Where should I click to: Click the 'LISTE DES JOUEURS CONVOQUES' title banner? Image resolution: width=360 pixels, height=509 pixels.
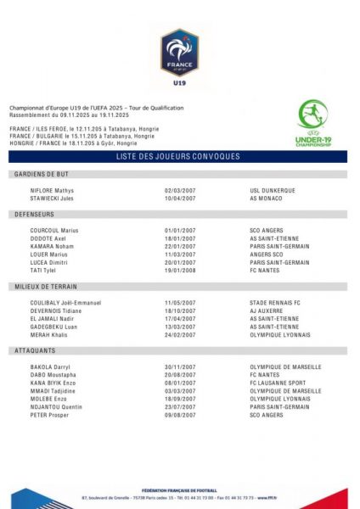(x=179, y=157)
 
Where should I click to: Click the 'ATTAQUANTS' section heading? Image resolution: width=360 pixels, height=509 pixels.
(x=35, y=350)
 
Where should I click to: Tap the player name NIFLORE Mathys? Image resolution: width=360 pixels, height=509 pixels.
(x=52, y=191)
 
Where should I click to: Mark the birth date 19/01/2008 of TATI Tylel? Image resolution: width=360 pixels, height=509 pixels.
(x=180, y=271)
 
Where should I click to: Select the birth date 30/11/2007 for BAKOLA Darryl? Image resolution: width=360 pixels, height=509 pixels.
(x=180, y=366)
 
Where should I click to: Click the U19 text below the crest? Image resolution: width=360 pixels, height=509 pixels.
(x=179, y=84)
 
